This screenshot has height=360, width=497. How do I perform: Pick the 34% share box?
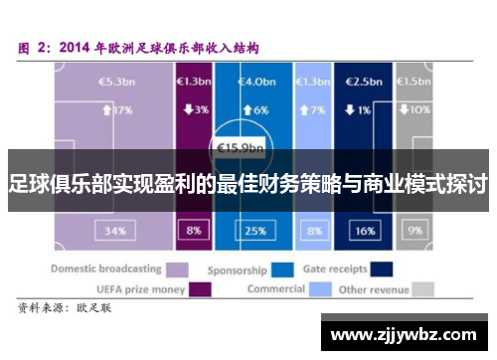pyautogui.click(x=113, y=230)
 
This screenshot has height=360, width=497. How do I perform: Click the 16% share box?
pyautogui.click(x=365, y=230)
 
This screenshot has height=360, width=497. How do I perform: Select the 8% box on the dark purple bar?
pyautogui.click(x=192, y=230)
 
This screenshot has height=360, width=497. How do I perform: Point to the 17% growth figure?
pyautogui.click(x=116, y=109)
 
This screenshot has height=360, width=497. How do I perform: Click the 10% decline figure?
pyautogui.click(x=417, y=109)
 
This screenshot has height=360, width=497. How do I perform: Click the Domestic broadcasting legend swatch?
pyautogui.click(x=178, y=269)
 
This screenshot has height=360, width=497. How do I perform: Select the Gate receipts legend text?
pyautogui.click(x=334, y=269)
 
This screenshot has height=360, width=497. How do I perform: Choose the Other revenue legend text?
pyautogui.click(x=372, y=289)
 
